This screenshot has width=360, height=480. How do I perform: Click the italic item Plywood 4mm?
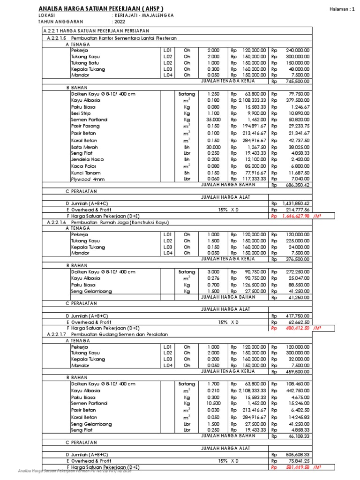(85, 179)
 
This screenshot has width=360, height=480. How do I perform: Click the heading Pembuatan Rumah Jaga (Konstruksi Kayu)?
(123, 222)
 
